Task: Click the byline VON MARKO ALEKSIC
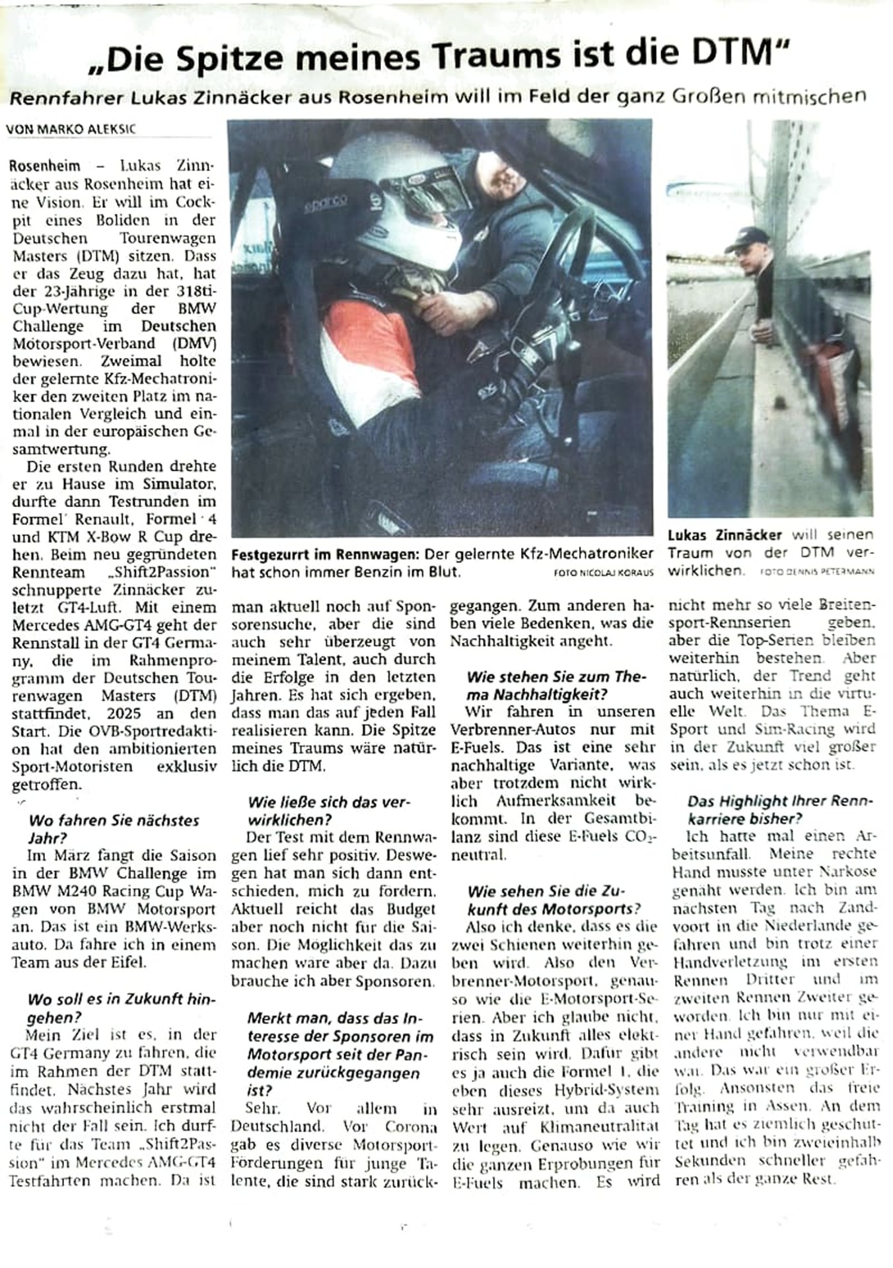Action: click(71, 129)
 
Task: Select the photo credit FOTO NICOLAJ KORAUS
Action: click(603, 573)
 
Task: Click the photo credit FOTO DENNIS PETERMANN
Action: click(817, 571)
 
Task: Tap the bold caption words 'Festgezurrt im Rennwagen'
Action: click(324, 554)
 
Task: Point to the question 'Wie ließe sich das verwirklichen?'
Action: click(328, 811)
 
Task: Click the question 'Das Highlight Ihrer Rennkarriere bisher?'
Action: click(779, 810)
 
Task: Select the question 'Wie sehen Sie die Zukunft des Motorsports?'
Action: click(553, 899)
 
